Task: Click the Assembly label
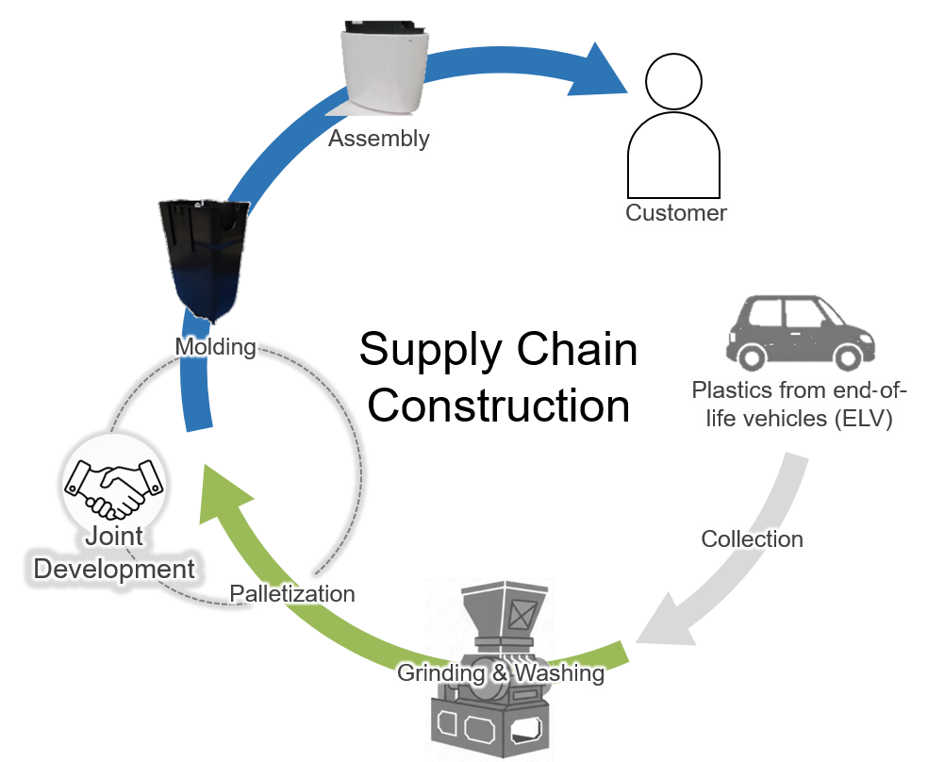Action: click(379, 139)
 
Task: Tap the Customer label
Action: click(676, 212)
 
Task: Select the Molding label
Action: click(215, 346)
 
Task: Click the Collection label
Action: click(751, 538)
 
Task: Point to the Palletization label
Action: click(292, 593)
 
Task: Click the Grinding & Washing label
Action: click(500, 673)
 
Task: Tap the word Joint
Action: click(114, 537)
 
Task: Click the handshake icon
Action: click(114, 483)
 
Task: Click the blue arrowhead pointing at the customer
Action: click(604, 71)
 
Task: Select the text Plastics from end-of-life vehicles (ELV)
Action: click(798, 404)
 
